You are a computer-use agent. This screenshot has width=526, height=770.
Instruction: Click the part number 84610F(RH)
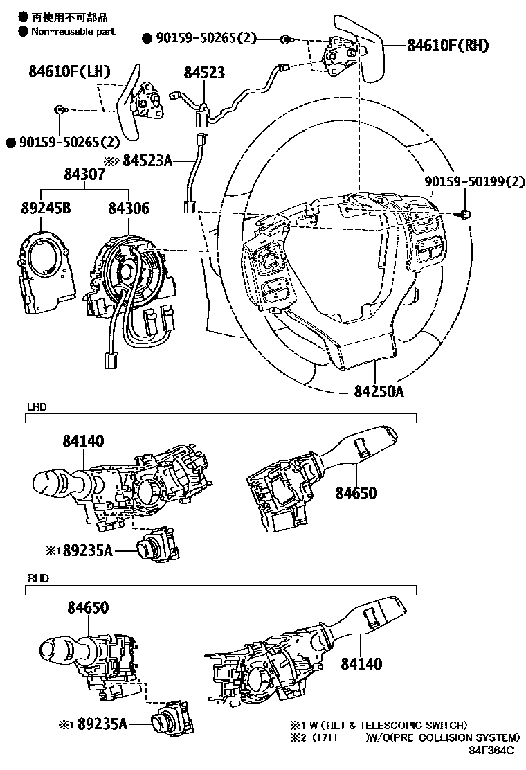coord(448,45)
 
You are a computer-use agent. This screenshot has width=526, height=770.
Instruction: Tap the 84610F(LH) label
coord(69,71)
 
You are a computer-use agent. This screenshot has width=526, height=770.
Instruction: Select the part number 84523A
coord(147,161)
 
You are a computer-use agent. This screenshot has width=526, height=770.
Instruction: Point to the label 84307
coord(84,174)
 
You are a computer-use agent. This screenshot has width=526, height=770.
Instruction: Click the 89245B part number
coord(46,208)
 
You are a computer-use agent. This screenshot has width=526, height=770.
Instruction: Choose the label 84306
coord(129,208)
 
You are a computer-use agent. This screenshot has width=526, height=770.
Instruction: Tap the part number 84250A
coord(379,391)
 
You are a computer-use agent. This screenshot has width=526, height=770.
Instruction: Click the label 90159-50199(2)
coord(475,181)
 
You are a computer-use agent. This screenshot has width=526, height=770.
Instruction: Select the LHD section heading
coord(37,407)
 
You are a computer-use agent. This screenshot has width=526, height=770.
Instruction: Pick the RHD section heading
coord(38,578)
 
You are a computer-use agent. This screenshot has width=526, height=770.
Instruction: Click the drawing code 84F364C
coord(491,750)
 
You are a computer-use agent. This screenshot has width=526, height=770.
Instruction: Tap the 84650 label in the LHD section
coord(356,492)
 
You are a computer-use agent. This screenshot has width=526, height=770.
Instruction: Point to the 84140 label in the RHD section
coord(361,663)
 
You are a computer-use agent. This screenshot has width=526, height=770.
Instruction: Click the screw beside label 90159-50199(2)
coord(466,213)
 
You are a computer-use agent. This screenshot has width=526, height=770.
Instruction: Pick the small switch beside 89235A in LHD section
coord(157,544)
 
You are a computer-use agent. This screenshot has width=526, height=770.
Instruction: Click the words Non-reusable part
coord(73,31)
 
